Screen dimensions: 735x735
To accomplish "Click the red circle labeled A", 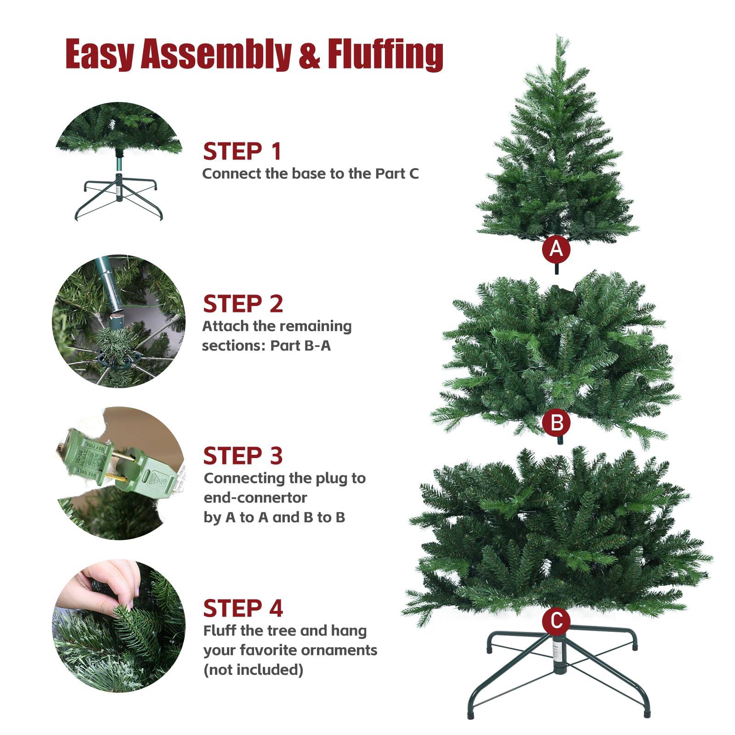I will click(556, 249).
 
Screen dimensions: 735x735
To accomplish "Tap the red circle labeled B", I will click(556, 422).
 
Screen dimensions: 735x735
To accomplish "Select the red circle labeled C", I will click(556, 621).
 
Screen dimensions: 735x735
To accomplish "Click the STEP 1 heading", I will click(242, 152).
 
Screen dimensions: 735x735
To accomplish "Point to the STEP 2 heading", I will click(243, 304).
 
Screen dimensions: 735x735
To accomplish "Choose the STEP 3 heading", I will click(243, 456).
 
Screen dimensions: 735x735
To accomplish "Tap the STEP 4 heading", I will click(243, 608).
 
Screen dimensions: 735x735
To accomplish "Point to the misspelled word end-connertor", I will click(255, 498).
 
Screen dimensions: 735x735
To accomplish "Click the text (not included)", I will click(253, 669).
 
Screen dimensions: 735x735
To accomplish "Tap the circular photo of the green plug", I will click(119, 473).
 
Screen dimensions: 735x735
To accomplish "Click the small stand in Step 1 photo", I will click(119, 193).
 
